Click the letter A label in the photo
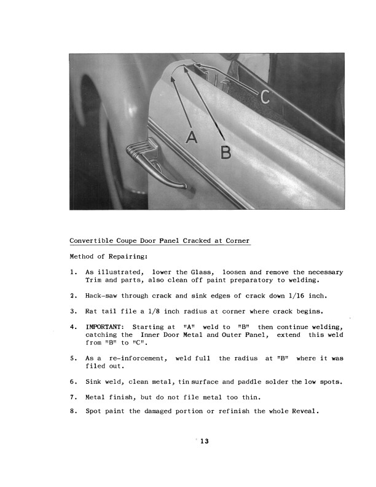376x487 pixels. (193, 139)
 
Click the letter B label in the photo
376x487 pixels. (226, 151)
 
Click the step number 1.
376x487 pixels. (73, 272)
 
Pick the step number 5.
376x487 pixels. (73, 358)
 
